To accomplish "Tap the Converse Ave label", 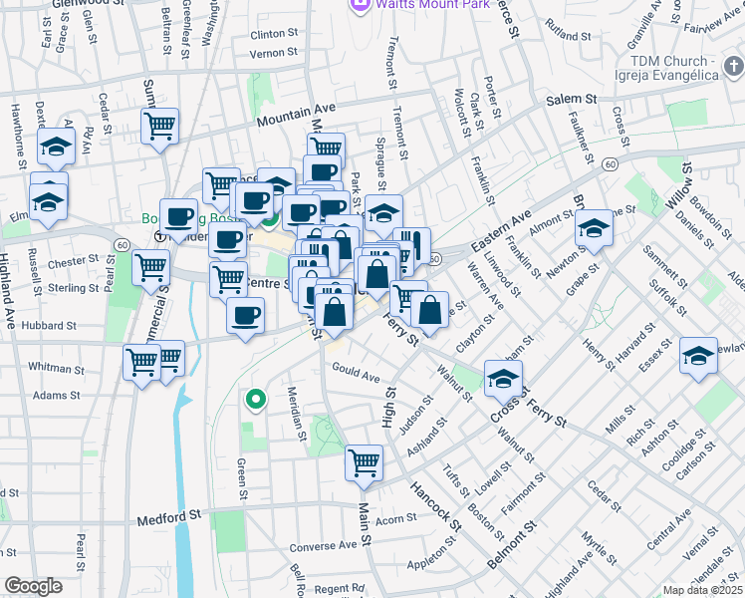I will coord(321,547).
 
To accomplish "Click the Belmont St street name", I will coord(509,550).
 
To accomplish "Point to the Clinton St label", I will coord(275,34).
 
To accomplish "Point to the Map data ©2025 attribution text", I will coord(703,590).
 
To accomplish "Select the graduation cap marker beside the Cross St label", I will coord(504,378).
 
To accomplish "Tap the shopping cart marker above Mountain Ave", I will coord(159,127).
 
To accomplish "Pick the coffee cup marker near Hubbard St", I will coord(245,317).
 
